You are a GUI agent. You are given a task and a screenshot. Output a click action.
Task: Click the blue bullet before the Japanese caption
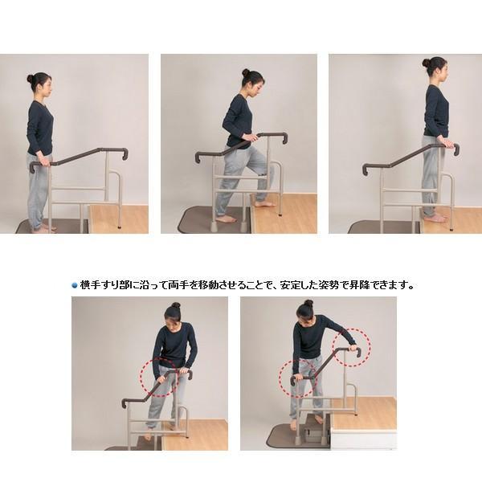pos(75,285)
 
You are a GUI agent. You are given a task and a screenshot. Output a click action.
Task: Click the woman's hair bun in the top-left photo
pos(31,79)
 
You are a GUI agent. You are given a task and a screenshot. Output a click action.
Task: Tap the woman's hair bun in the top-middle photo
pos(246,72)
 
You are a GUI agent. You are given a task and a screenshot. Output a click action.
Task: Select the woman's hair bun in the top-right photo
pos(426,63)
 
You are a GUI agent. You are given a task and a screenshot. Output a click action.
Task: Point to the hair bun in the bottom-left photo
pos(175,305)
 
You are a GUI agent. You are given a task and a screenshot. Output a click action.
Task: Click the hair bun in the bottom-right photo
pos(308,304)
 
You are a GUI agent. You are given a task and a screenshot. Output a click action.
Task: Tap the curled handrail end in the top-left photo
pos(125,153)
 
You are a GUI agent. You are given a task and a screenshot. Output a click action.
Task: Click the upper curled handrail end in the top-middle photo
pos(284,138)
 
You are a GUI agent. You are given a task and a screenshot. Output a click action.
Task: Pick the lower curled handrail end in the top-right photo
pos(366,170)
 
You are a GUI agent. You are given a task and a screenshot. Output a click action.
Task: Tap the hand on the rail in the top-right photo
pos(445,142)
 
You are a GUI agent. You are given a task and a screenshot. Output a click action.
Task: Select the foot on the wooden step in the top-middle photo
pos(263,204)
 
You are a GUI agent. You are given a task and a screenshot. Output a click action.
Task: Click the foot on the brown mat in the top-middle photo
pos(227,219)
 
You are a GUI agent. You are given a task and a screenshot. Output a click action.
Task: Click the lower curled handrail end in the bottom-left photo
pos(125,403)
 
